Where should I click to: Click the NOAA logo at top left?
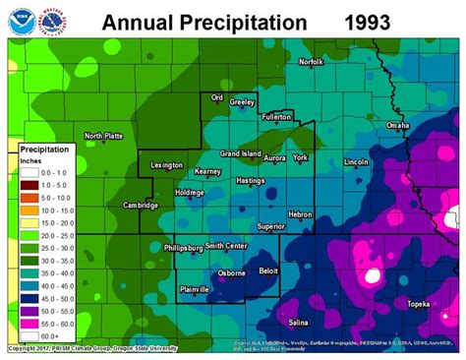pyautogui.click(x=20, y=19)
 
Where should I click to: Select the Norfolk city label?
pyautogui.click(x=311, y=62)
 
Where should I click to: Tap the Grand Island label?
pyautogui.click(x=239, y=153)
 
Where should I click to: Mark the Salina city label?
pyautogui.click(x=300, y=321)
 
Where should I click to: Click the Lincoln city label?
pyautogui.click(x=356, y=161)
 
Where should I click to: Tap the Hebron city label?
pyautogui.click(x=300, y=213)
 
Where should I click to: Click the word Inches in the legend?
pyautogui.click(x=34, y=160)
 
